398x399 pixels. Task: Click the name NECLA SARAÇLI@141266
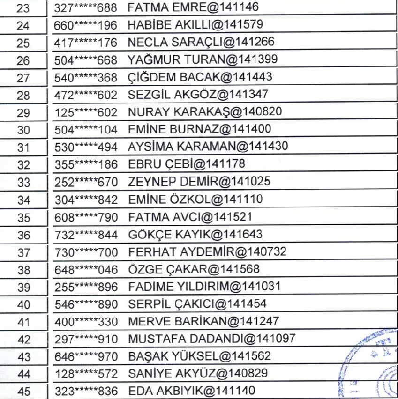click(201, 42)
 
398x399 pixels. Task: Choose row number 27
click(23, 78)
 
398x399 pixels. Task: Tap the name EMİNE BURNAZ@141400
click(199, 129)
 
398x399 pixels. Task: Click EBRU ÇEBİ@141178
click(187, 164)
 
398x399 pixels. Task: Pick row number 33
click(23, 182)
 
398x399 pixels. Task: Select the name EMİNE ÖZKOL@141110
click(195, 199)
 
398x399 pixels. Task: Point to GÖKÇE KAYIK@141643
click(195, 234)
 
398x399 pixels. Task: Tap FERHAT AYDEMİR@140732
click(207, 252)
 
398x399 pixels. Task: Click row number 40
click(23, 304)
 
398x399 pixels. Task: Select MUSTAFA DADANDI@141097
click(211, 339)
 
